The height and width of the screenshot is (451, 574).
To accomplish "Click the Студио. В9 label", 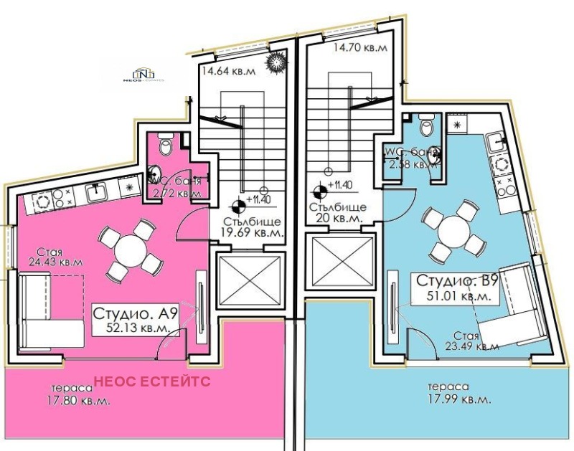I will click(453, 280).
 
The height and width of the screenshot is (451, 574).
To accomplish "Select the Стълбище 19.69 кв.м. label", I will click(250, 227).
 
